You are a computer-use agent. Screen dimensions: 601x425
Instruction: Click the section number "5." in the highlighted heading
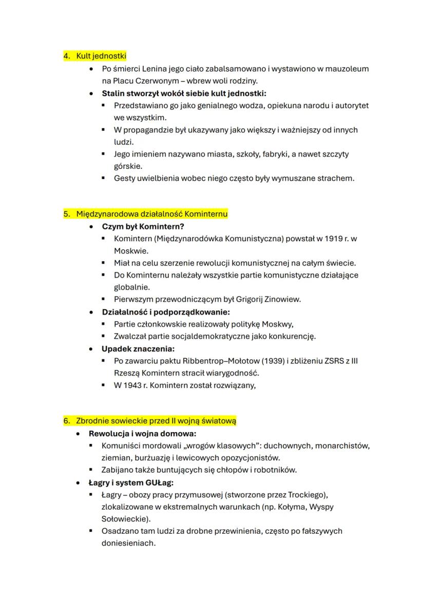[67, 214]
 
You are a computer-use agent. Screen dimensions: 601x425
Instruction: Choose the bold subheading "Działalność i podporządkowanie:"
[165, 312]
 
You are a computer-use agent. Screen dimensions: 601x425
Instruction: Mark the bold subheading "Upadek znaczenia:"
[138, 348]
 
